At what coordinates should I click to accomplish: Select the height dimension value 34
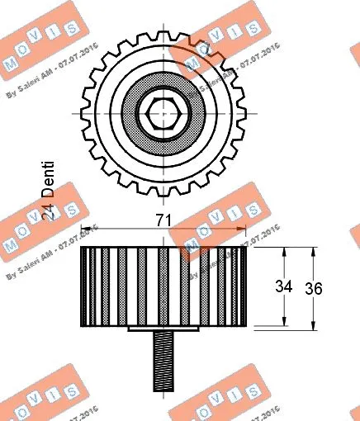pos(283,287)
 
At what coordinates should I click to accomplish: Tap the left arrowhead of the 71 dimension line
pos(85,232)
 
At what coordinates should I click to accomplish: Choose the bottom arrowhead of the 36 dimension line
pos(313,327)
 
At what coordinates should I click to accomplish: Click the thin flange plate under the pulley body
pos(162,329)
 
